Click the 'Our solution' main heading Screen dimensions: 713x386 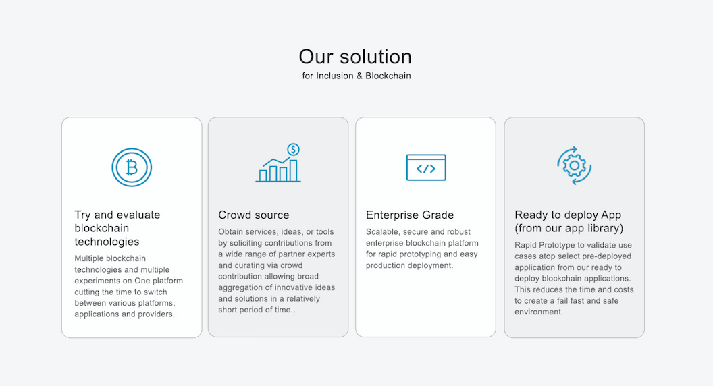pos(355,57)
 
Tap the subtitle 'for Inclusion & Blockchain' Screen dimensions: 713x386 pos(356,76)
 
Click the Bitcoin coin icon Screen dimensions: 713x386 pos(132,167)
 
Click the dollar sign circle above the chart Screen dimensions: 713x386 pos(293,149)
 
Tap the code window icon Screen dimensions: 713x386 pos(426,167)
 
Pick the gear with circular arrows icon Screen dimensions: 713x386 pos(575,165)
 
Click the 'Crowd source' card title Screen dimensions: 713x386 pos(254,215)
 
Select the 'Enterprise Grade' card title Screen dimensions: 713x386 pos(410,215)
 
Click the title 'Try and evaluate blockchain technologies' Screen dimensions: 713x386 pos(117,228)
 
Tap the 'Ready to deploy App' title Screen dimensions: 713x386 pos(568,215)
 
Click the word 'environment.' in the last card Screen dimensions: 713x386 pos(539,312)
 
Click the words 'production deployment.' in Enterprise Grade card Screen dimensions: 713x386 pos(410,265)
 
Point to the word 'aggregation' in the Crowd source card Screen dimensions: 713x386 pos(240,287)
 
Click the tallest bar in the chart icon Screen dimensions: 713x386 pos(294,171)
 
